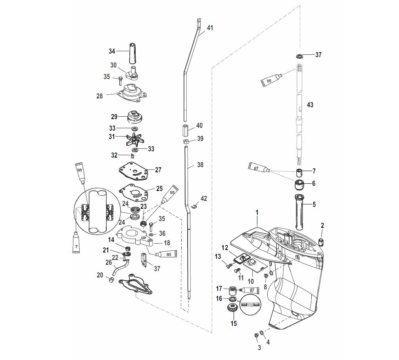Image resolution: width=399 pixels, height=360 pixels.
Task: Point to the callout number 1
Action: [x=257, y=212]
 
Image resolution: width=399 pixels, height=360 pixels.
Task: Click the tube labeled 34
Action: [x=132, y=53]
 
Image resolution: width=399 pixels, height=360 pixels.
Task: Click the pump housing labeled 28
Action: [x=132, y=93]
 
